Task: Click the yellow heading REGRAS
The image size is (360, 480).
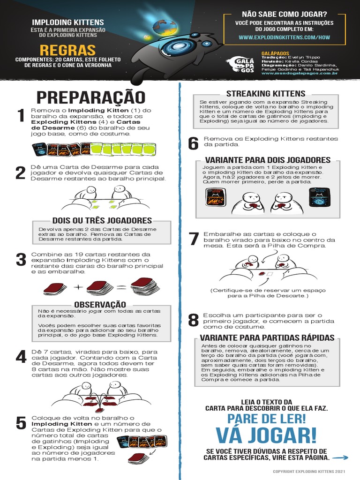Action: (x=67, y=50)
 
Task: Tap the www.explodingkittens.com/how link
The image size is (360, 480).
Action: (x=285, y=37)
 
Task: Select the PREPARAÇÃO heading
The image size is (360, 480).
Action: (x=91, y=97)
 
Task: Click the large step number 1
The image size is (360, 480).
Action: (x=21, y=115)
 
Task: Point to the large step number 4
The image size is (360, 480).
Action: (x=21, y=357)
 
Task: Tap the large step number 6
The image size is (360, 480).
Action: (x=193, y=143)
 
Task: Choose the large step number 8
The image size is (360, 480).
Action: (x=194, y=320)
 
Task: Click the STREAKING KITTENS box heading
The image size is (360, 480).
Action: (x=266, y=94)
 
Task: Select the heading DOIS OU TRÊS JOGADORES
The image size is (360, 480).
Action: (x=102, y=220)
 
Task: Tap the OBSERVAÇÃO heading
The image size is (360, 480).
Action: (x=100, y=304)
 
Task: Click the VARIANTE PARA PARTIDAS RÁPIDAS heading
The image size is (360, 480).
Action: (x=267, y=337)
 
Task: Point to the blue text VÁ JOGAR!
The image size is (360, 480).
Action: (x=266, y=435)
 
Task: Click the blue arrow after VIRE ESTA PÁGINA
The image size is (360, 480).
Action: (x=340, y=457)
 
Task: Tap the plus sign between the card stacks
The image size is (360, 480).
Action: (x=78, y=287)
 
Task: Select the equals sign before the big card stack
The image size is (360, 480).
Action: (x=121, y=287)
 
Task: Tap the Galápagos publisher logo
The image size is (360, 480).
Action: (x=240, y=65)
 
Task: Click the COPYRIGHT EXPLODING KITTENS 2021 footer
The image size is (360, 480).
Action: (x=309, y=472)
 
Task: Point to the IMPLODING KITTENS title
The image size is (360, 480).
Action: (x=68, y=22)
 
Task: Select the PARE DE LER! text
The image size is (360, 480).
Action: (x=266, y=419)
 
